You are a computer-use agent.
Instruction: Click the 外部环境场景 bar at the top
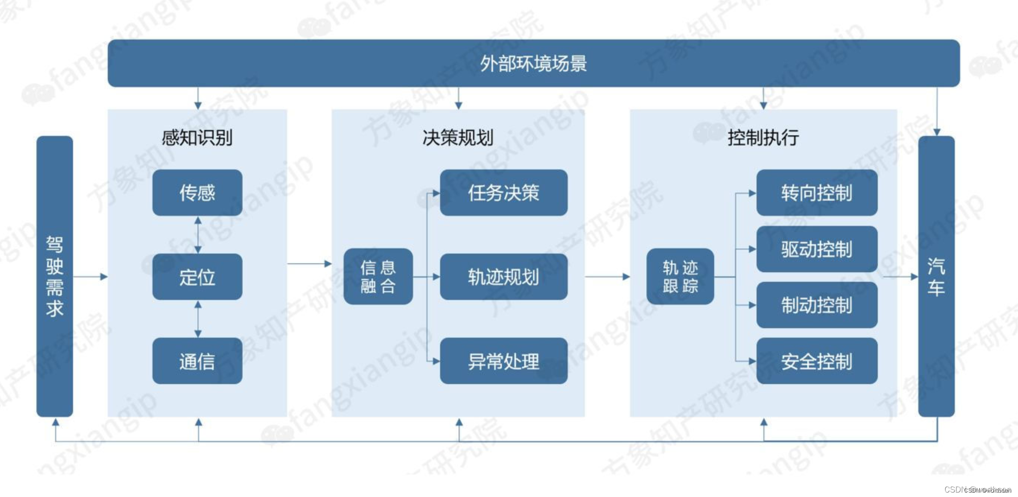[533, 63]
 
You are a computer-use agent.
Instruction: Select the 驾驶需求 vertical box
[54, 276]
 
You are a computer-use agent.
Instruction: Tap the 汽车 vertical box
[936, 276]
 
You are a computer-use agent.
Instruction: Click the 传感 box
[197, 193]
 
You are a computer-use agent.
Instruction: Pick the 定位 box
[197, 277]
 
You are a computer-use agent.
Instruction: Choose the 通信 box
[197, 361]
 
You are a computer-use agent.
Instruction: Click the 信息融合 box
[378, 277]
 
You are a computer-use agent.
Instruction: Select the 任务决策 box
[503, 193]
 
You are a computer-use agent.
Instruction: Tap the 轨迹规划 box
[503, 277]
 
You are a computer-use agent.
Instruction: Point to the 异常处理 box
[503, 361]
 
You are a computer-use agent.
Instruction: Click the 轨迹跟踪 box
[680, 277]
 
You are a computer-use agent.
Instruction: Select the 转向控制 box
[816, 193]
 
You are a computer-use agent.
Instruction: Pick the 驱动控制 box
[816, 249]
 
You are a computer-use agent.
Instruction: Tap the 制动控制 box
[816, 305]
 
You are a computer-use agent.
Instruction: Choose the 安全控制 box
[816, 361]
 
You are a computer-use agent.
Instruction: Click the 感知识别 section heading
[197, 137]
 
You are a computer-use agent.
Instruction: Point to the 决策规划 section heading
[458, 137]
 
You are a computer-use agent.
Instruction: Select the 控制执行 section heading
[763, 137]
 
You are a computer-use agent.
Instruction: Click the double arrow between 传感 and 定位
[198, 235]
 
